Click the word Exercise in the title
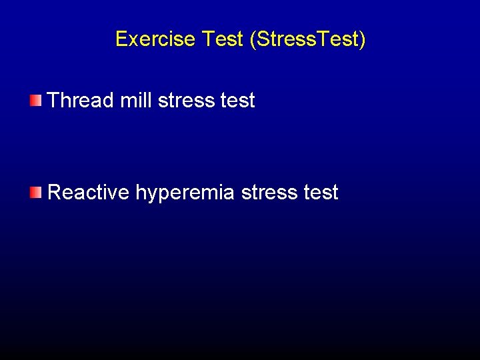[155, 39]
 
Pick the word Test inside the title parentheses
[339, 39]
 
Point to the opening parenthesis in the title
[253, 40]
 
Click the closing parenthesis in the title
[363, 40]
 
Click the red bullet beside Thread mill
[35, 101]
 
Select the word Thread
[81, 101]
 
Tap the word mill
[136, 101]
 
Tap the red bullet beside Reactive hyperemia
[35, 193]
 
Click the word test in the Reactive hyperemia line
[321, 193]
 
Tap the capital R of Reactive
[55, 193]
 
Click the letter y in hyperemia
[153, 195]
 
